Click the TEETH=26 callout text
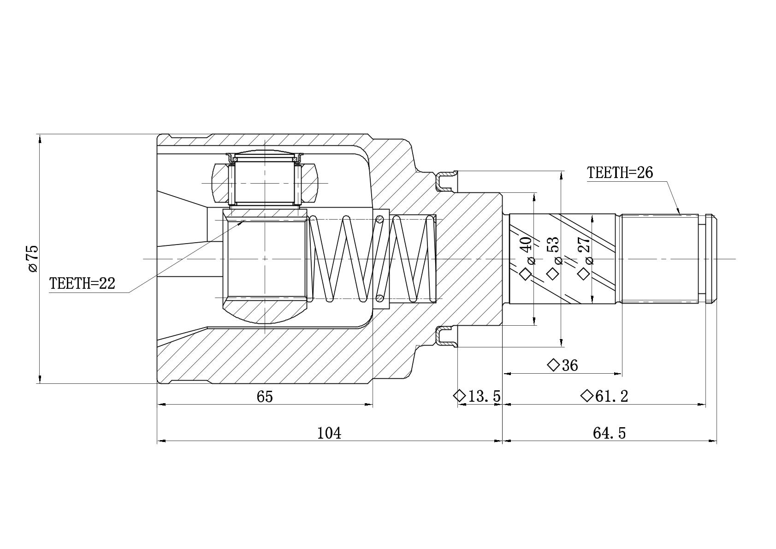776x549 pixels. point(620,173)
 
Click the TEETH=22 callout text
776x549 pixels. point(82,284)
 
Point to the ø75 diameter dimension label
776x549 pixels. point(33,258)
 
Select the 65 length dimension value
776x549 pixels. point(265,396)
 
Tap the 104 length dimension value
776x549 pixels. point(329,433)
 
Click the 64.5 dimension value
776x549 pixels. point(610,433)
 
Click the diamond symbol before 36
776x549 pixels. point(553,365)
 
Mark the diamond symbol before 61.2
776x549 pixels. point(587,395)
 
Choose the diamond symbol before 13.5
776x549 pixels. point(460,395)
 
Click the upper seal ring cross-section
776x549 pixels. point(446,181)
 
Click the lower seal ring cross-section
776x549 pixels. point(446,336)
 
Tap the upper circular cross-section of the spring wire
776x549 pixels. point(380,219)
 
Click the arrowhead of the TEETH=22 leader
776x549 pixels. point(242,222)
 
